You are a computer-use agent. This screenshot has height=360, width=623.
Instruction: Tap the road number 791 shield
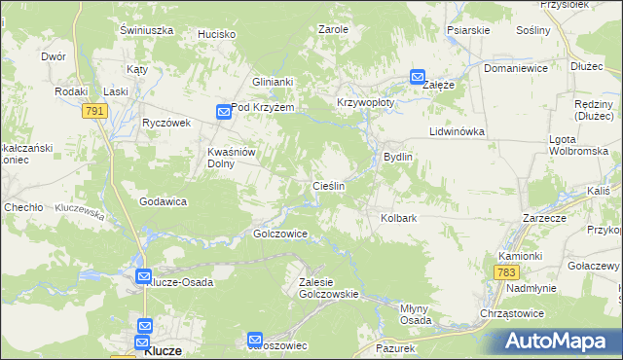coord(94,112)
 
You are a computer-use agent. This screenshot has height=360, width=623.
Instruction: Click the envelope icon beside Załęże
coord(418,77)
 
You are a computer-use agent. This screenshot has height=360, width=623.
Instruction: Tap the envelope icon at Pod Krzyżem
coord(223,113)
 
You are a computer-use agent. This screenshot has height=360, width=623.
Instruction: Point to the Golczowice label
coord(280,234)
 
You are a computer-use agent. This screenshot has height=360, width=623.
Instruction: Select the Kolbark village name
coord(398,219)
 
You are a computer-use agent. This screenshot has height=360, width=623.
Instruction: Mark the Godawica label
coord(163,201)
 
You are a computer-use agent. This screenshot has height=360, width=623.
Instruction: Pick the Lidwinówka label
coord(456,130)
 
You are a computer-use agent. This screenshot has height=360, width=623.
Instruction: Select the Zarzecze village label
coord(544,219)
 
